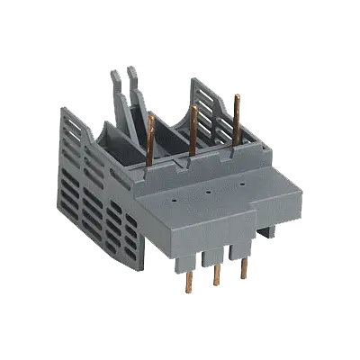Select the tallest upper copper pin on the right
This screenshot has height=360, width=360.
click(x=237, y=121)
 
